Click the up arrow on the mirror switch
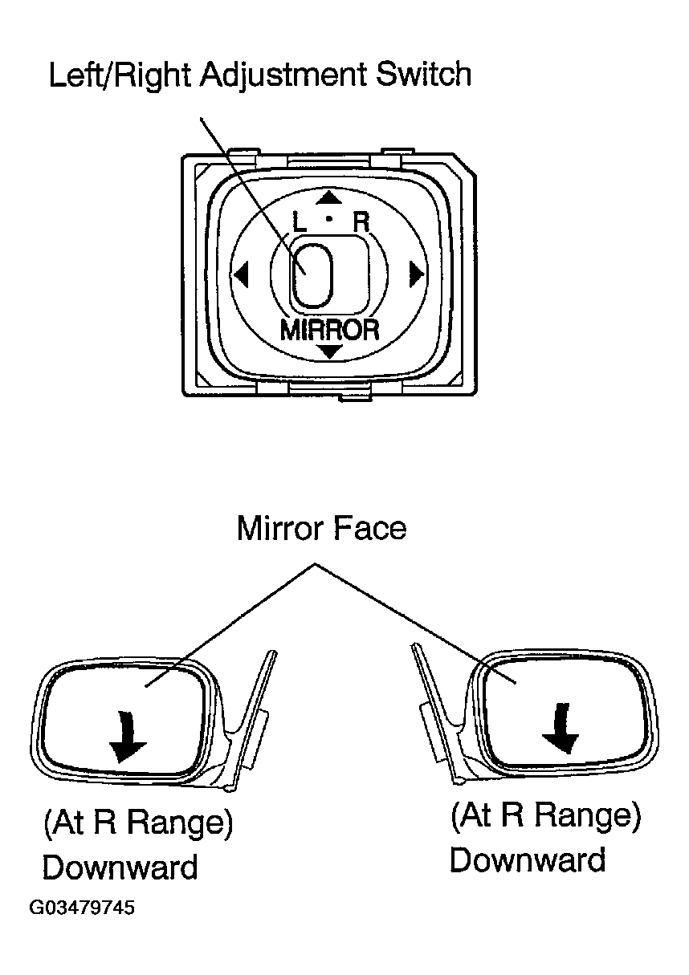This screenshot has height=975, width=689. [326, 198]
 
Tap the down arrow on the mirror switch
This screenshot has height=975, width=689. [330, 351]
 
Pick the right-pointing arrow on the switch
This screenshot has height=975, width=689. [415, 274]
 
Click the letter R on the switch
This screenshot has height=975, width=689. [361, 221]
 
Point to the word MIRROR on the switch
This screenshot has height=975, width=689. [329, 330]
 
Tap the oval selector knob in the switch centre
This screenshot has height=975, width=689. [311, 274]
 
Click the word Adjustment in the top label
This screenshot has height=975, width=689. [287, 76]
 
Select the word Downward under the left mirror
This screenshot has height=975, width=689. [120, 867]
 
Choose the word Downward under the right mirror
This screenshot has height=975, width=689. [527, 859]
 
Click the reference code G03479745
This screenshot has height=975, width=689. [82, 908]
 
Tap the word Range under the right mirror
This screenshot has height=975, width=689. [583, 816]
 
